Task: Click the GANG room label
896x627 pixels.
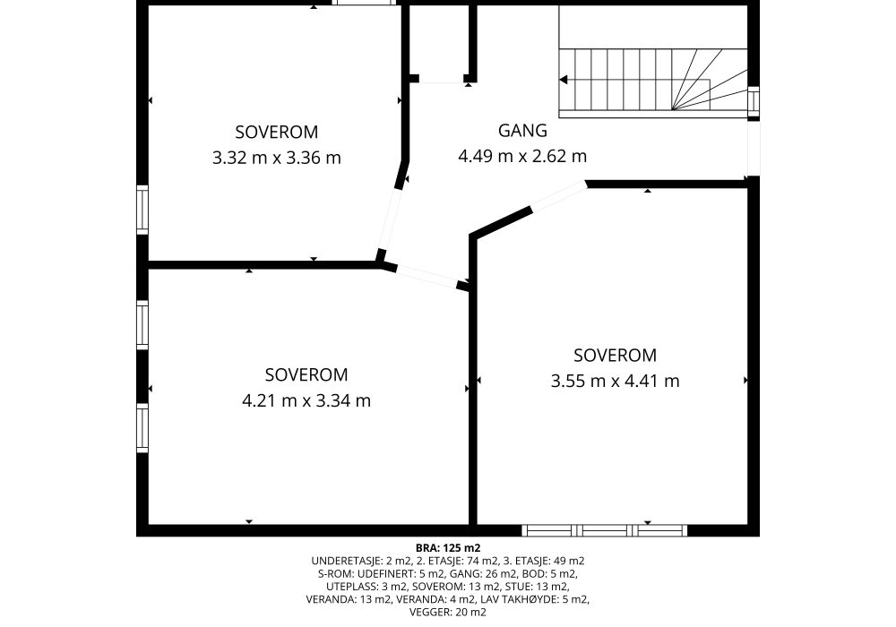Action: (522, 131)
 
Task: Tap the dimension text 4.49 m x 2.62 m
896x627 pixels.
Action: (522, 156)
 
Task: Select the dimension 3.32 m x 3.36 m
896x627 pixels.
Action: (277, 158)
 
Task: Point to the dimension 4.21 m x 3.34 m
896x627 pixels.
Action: (306, 401)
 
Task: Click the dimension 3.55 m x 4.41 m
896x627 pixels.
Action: (615, 381)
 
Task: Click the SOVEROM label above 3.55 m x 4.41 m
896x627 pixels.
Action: (615, 356)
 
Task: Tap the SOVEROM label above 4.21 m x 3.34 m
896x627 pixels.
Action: (306, 374)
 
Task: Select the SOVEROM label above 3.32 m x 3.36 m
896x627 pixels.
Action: (277, 132)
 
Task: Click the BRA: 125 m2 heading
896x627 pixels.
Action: (448, 549)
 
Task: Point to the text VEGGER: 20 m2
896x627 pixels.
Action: (448, 612)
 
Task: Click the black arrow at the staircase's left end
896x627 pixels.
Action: (564, 80)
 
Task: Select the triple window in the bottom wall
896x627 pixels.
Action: (605, 530)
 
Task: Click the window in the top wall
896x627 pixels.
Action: (365, 3)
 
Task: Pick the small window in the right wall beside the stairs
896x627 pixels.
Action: (754, 100)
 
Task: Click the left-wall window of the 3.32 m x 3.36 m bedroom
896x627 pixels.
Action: (142, 210)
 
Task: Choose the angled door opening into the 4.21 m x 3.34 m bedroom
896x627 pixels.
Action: (426, 276)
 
